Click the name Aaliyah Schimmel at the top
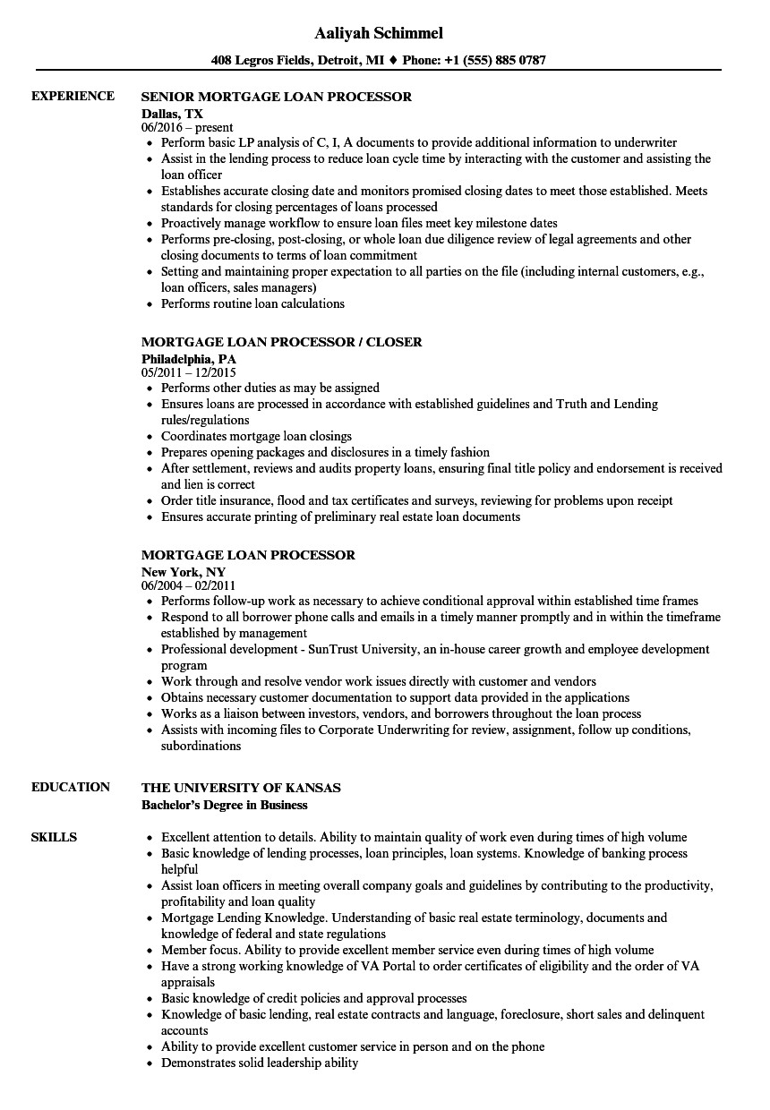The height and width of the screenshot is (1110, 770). point(379,33)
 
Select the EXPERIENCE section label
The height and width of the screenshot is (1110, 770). point(73,96)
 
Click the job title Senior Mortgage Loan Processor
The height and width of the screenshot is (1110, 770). point(277,97)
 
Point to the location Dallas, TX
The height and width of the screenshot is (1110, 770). point(172,114)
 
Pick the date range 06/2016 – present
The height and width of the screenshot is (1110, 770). point(187,128)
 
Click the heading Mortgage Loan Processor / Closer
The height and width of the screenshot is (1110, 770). point(282,342)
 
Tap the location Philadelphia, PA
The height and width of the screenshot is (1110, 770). point(189,359)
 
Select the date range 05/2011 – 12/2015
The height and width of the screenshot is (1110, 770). point(189,372)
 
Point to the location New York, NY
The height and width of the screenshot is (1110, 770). point(184,571)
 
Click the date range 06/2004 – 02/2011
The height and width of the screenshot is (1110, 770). point(189,585)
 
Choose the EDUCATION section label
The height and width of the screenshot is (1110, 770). point(71,787)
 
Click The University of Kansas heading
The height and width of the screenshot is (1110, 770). point(241,788)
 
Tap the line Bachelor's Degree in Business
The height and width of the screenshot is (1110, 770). point(225,805)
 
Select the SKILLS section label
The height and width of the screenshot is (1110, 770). point(54,837)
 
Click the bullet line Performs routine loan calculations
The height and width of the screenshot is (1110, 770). point(252,303)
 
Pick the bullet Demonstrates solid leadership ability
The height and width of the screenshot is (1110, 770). point(260,1063)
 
